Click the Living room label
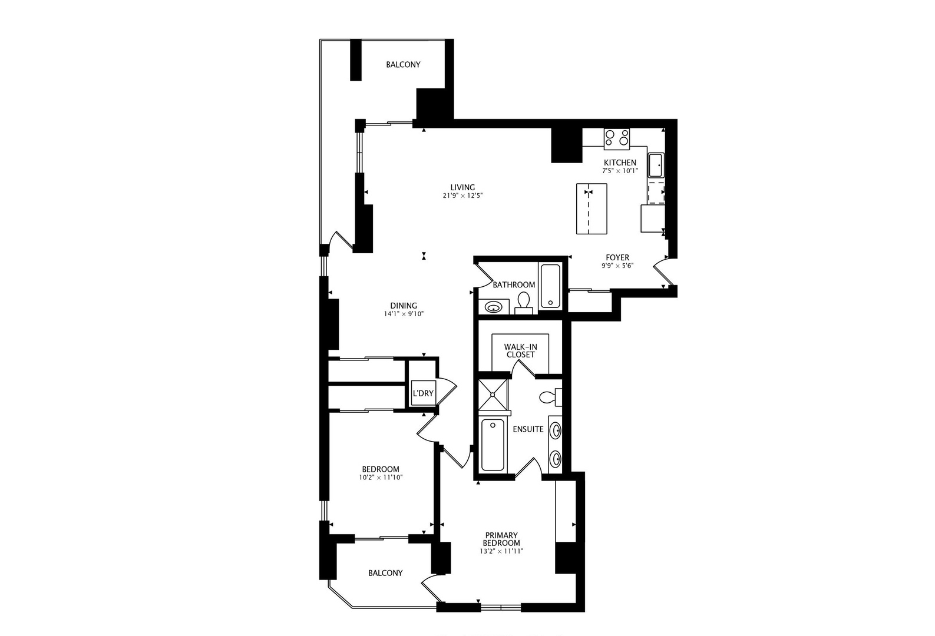coord(462,188)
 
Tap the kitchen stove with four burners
coord(616,138)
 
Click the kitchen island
coord(591,208)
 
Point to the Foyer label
coord(617,257)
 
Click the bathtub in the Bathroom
coord(550,286)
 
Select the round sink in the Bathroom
coord(493,306)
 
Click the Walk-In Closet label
coord(521,351)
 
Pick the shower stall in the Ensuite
coord(493,394)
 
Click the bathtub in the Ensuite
coord(493,444)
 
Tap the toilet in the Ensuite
coord(550,397)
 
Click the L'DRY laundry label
coord(422,393)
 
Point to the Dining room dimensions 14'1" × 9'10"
coord(404,314)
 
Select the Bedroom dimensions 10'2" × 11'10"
coord(380,478)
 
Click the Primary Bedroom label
coord(501,539)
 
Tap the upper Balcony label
coord(403,65)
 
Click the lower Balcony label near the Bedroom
coord(385,573)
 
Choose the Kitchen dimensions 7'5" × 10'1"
coord(620,171)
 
